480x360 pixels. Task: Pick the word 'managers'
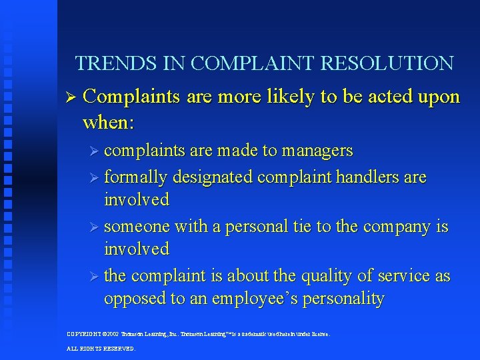(317, 151)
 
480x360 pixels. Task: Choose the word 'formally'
(136, 177)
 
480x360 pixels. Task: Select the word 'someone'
(137, 227)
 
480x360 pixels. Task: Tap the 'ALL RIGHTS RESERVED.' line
(101, 348)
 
